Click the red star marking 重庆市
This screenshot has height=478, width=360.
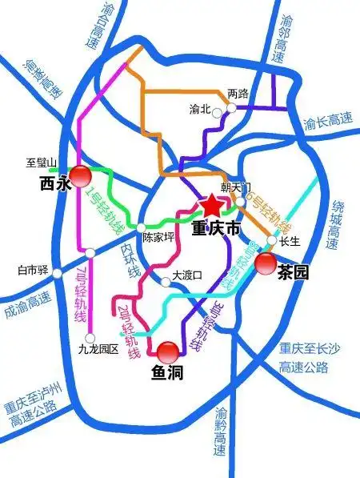[x=210, y=205]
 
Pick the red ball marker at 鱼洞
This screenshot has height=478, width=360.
[x=169, y=352]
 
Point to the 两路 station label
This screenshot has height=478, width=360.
[x=239, y=94]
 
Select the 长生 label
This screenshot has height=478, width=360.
[x=290, y=241]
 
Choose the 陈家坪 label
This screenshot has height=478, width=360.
[x=158, y=238]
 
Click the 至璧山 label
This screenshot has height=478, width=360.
[x=42, y=163]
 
